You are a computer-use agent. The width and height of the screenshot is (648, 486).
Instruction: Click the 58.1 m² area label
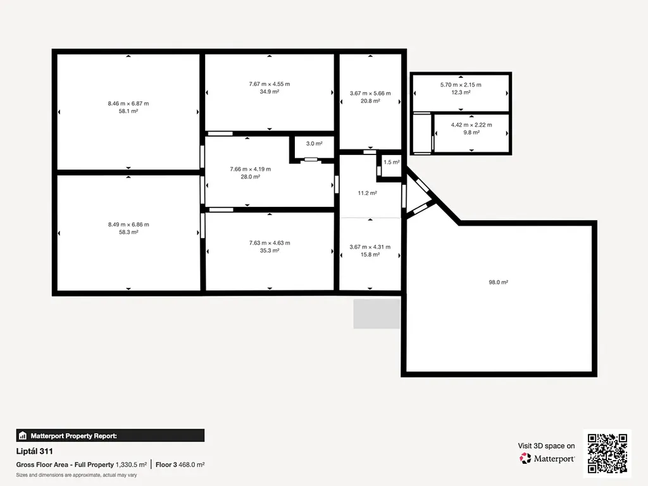(x=128, y=111)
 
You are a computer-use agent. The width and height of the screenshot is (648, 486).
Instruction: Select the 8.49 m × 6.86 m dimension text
(x=128, y=225)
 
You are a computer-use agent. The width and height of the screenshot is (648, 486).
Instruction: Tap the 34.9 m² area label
(x=270, y=92)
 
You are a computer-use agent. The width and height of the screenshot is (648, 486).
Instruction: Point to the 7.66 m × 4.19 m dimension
(x=251, y=169)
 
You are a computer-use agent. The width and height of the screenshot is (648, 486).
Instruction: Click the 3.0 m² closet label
(x=314, y=144)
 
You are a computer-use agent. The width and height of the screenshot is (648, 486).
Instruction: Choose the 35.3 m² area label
(x=270, y=251)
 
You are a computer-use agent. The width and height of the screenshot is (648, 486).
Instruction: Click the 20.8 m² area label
(x=370, y=101)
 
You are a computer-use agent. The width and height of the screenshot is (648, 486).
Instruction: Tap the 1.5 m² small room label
(x=391, y=162)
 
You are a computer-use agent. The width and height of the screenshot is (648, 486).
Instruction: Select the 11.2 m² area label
(x=368, y=193)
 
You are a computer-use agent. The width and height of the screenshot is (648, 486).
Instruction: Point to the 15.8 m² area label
(x=370, y=254)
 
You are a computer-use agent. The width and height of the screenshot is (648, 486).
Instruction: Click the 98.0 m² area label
(x=499, y=282)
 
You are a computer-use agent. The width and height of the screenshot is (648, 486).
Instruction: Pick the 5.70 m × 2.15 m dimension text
(x=461, y=85)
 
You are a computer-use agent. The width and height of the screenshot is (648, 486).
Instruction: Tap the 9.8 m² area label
(x=471, y=132)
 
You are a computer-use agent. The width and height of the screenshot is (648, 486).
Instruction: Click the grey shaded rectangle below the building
(x=377, y=314)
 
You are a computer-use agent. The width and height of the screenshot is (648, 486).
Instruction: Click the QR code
(x=607, y=453)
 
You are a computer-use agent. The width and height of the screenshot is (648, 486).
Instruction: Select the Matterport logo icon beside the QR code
(x=525, y=458)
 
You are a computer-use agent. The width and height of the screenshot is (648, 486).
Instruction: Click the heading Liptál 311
(x=34, y=451)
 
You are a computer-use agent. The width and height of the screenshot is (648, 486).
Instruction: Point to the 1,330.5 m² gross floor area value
(x=132, y=464)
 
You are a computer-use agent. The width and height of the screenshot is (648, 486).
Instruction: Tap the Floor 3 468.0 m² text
(x=180, y=464)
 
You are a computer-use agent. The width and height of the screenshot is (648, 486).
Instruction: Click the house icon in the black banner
(x=23, y=435)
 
